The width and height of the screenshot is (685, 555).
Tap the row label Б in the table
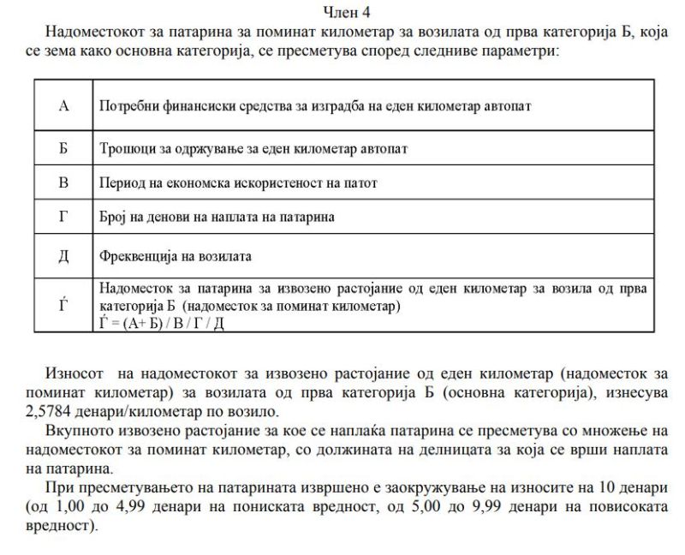pyautogui.click(x=63, y=148)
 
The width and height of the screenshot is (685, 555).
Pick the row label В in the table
pyautogui.click(x=63, y=182)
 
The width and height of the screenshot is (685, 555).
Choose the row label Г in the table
pyautogui.click(x=63, y=217)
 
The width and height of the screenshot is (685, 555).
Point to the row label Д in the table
pyautogui.click(x=63, y=255)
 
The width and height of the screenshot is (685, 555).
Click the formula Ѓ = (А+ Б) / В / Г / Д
pyautogui.click(x=162, y=322)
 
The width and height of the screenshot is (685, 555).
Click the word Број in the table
pyautogui.click(x=113, y=218)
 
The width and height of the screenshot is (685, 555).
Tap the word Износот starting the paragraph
pyautogui.click(x=73, y=375)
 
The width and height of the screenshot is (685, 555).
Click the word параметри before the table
pyautogui.click(x=521, y=51)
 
